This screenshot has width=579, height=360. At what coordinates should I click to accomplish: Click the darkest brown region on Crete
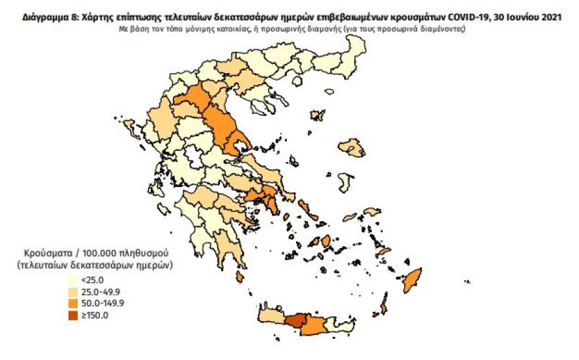point(295,321)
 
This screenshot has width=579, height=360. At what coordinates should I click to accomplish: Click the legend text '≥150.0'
point(96,315)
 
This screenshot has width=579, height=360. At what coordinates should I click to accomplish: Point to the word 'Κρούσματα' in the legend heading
point(45,253)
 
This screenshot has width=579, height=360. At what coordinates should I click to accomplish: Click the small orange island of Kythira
point(241,278)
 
